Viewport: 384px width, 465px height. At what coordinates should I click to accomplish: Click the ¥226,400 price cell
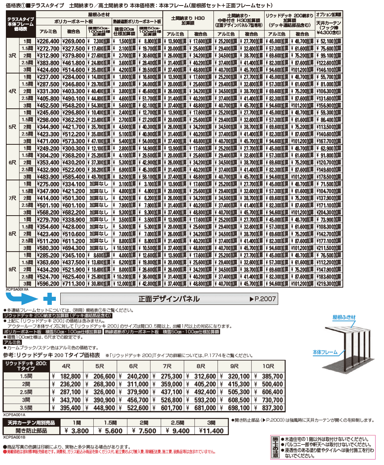click(48, 42)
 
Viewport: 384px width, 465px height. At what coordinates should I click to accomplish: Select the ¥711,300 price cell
click(73, 284)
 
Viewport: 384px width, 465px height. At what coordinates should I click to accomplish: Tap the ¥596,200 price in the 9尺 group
click(48, 284)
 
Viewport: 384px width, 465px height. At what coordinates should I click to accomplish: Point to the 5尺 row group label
click(12, 127)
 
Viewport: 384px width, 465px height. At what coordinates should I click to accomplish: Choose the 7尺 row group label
click(12, 198)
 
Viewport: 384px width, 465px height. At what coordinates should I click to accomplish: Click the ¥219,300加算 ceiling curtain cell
click(329, 284)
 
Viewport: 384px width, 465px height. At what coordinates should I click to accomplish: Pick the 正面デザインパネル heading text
click(169, 299)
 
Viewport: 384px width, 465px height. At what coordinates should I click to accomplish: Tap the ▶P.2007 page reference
click(262, 299)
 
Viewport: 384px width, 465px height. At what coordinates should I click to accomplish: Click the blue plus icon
click(49, 299)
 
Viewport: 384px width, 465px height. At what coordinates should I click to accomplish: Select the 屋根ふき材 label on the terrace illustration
click(344, 317)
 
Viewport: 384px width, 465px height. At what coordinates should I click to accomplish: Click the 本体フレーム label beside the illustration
click(325, 352)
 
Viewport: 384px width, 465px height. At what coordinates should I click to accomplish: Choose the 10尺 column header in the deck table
click(268, 366)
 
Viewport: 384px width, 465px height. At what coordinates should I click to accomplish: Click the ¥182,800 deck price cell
click(68, 376)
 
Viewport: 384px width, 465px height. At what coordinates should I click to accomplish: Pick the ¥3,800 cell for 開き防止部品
click(77, 431)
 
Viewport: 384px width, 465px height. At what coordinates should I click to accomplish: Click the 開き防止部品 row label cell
click(31, 431)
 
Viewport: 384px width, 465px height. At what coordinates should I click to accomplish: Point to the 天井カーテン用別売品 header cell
click(31, 423)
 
